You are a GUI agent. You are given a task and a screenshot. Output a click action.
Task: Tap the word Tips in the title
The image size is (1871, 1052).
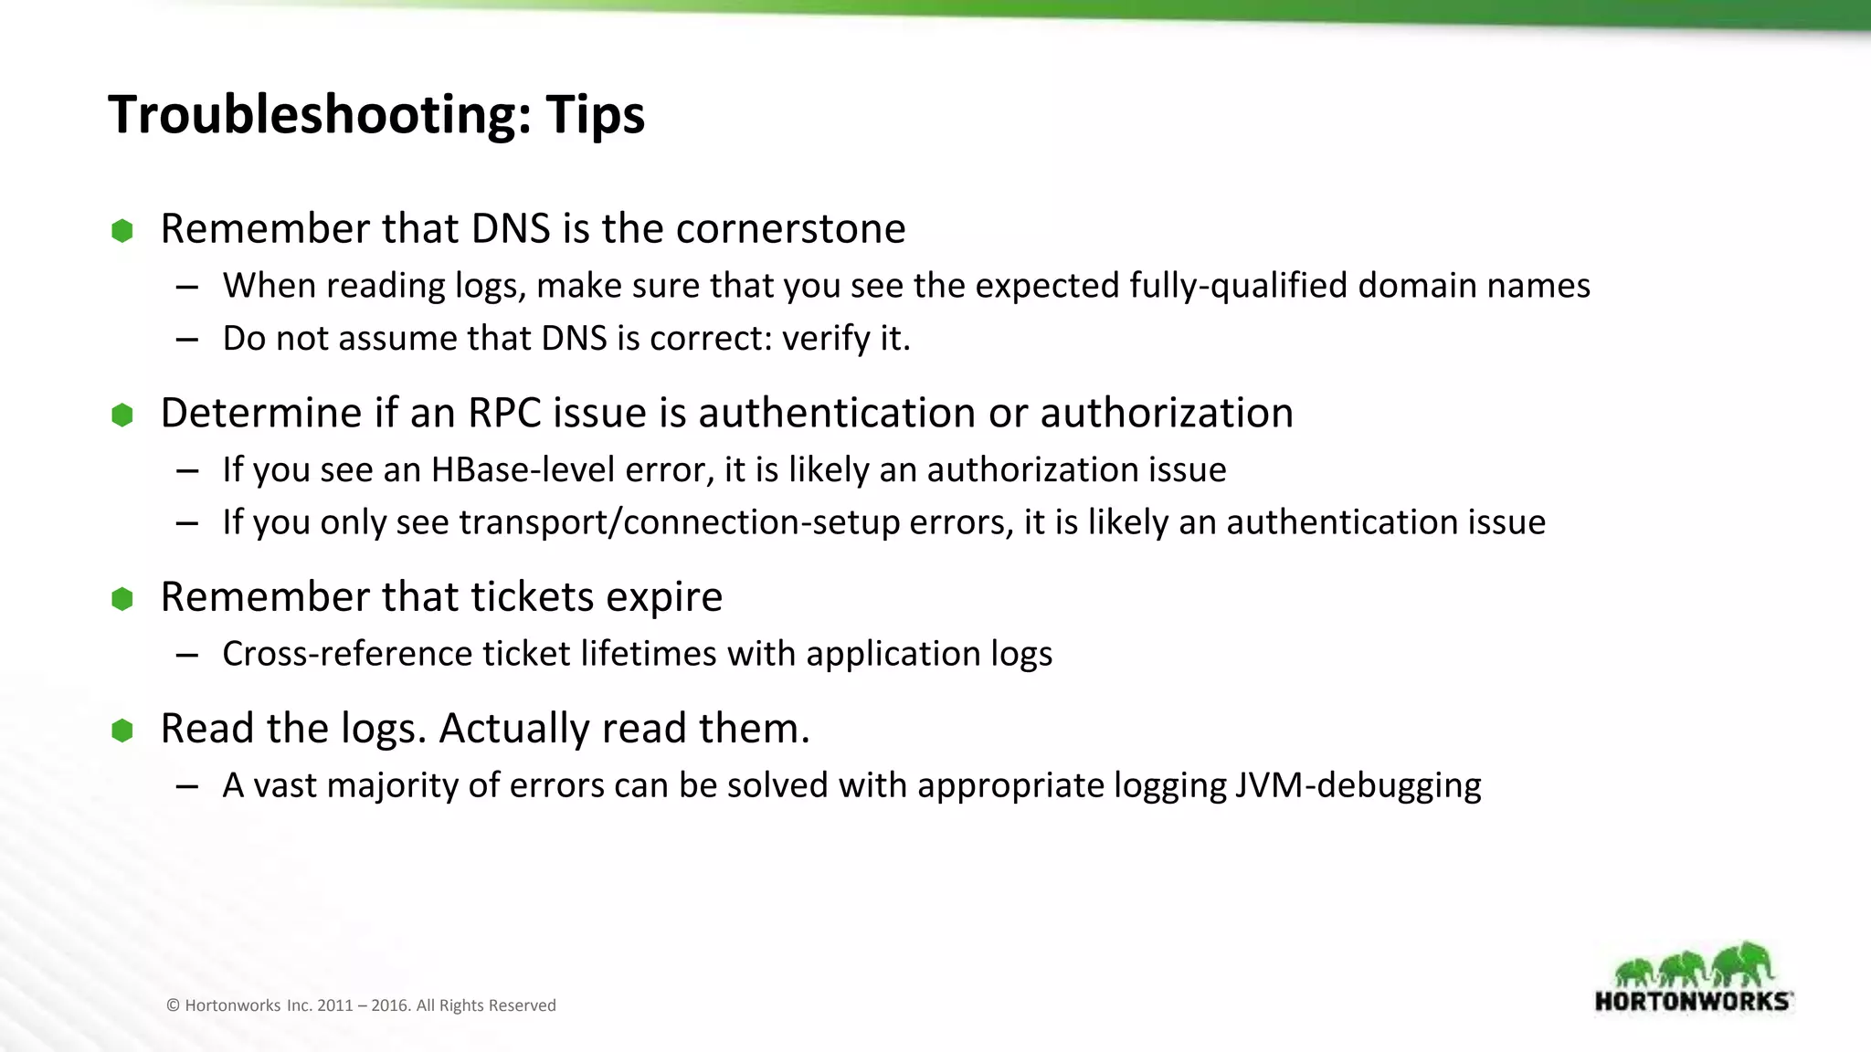point(596,116)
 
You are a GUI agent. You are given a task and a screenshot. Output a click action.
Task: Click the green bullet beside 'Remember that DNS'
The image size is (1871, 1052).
point(122,230)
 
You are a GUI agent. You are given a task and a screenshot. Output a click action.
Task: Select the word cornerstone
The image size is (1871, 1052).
point(790,228)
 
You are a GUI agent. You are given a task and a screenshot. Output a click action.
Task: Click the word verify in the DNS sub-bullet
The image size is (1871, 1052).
point(826,339)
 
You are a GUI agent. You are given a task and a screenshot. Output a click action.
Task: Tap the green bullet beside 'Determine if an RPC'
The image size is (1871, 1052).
point(122,416)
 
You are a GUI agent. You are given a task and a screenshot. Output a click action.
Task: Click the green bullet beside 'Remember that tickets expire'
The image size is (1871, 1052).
point(122,599)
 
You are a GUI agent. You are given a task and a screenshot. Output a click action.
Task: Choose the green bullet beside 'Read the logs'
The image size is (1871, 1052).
point(122,731)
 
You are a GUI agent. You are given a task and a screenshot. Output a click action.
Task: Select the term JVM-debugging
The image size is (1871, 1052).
point(1358,785)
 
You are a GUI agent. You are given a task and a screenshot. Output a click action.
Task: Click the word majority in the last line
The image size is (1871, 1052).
point(392,785)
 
